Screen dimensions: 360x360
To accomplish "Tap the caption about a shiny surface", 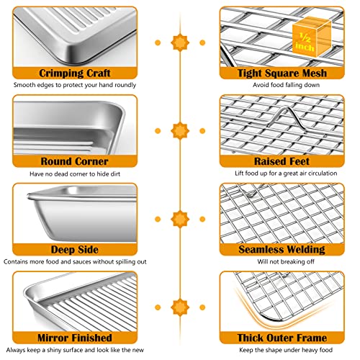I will coord(76,351).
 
